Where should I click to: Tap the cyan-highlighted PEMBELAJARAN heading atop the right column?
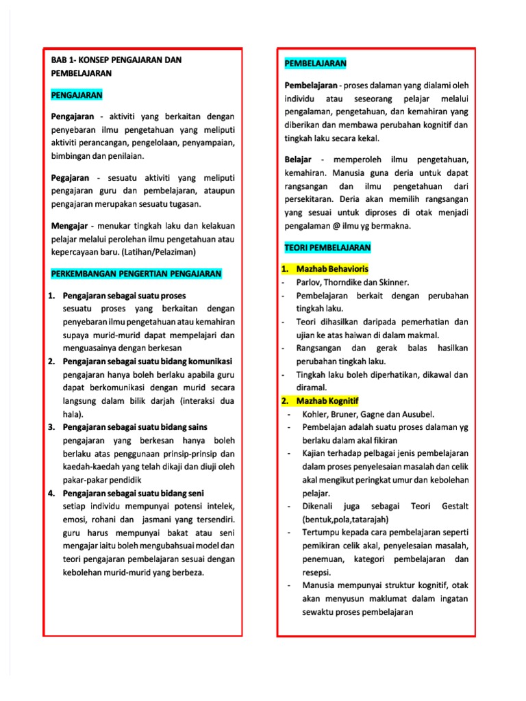tap(315, 64)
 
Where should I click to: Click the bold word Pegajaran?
tap(71, 177)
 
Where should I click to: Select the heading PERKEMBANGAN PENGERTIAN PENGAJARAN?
tap(137, 274)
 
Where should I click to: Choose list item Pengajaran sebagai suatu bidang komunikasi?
tap(147, 361)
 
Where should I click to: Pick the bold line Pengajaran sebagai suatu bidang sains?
tap(135, 427)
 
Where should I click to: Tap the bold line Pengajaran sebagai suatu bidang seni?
tap(134, 493)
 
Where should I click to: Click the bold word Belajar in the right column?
tap(298, 159)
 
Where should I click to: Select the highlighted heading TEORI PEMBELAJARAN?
tap(327, 247)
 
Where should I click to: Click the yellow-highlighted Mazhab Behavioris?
tap(332, 269)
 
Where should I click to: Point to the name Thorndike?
tap(347, 282)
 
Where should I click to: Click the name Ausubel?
tap(417, 414)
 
